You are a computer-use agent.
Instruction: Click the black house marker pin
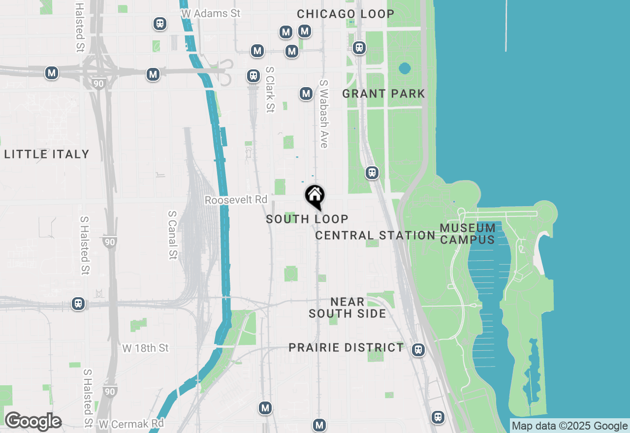315,196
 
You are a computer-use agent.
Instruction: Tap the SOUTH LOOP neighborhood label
307,219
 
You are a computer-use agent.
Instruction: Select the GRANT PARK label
383,93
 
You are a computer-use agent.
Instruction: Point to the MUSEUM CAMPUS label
468,234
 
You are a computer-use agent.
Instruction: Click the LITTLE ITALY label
47,154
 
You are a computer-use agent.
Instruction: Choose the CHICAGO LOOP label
346,14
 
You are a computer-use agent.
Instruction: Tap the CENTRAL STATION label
375,235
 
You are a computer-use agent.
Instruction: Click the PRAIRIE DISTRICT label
346,347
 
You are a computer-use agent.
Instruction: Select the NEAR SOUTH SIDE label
347,308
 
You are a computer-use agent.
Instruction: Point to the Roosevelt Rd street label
236,200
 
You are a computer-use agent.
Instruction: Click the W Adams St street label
211,13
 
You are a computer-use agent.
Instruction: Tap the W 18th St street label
145,348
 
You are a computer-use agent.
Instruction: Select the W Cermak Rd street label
131,423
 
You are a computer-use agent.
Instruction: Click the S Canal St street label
172,235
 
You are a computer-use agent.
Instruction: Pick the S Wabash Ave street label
323,114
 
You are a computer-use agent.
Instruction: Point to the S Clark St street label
269,90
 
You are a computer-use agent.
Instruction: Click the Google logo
32,421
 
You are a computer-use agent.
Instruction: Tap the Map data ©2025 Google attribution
569,426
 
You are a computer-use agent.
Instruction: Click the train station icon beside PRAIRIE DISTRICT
418,349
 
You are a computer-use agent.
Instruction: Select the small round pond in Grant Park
405,68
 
